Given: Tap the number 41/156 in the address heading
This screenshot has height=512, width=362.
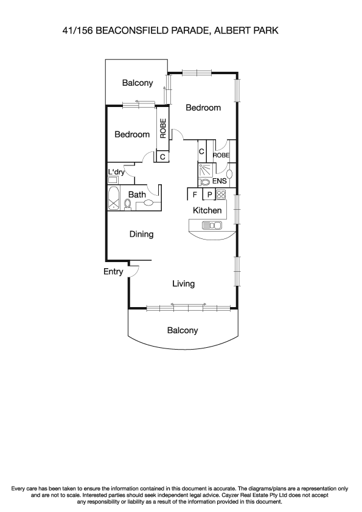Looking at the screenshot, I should pos(77,29).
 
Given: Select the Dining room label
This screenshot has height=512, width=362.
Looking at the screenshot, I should pos(141,234).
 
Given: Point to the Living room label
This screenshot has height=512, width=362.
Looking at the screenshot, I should pos(183,283).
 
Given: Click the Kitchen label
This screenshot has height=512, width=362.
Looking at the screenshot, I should pos(207,210).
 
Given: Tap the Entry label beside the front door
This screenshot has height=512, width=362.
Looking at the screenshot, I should pos(113,272).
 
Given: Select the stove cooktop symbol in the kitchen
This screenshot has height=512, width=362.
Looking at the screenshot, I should pos(221,195).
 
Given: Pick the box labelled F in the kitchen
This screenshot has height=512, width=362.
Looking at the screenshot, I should pos(194,195).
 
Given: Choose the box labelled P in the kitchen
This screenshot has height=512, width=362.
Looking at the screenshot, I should pos(208,195).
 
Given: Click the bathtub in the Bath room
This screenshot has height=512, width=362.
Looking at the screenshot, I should pos(113,199).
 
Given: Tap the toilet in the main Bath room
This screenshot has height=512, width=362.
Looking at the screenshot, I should pos(128,204).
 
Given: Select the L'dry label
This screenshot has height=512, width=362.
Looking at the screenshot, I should pos(116,172).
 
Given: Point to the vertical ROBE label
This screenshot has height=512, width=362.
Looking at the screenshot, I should pos(162,128).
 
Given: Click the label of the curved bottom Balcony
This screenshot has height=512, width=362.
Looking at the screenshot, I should pos(183,331).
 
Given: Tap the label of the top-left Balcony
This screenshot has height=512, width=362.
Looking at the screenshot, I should pos(137,83).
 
